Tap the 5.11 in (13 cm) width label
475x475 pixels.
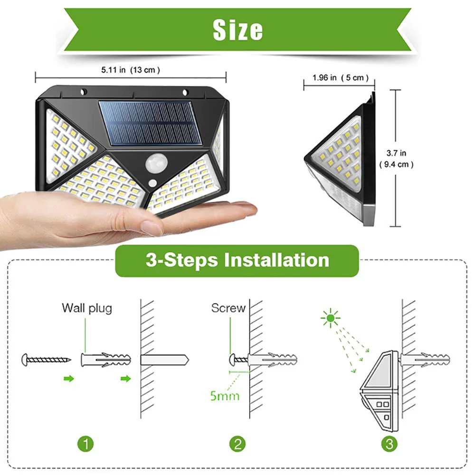pos(130,70)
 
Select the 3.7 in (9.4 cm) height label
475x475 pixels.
pos(396,159)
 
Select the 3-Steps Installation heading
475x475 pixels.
pos(237,260)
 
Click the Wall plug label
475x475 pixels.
pos(87,308)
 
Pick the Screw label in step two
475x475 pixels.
pos(228,308)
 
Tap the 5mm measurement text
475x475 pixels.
pos(225,395)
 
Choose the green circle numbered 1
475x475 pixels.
pos(85,444)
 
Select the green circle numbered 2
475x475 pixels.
pos(237,444)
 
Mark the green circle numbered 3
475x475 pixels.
pos(389,444)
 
